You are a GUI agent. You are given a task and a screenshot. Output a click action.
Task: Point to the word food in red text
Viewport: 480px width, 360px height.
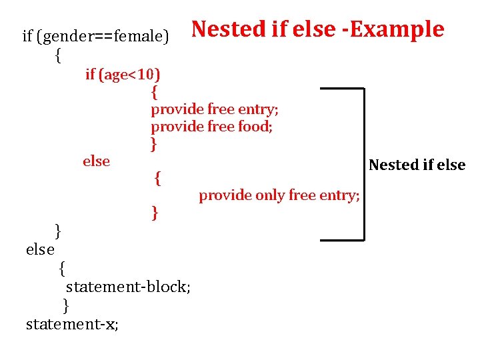click(255, 126)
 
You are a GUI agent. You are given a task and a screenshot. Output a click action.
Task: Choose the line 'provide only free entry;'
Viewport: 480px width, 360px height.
click(279, 195)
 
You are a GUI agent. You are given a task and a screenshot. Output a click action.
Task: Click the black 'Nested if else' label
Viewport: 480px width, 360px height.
click(417, 165)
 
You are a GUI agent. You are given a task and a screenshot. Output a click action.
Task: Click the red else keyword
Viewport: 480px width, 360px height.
click(96, 161)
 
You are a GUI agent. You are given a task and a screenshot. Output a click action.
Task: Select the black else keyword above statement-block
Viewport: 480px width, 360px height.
click(40, 249)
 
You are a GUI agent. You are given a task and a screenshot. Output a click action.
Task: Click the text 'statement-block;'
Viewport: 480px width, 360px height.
click(128, 287)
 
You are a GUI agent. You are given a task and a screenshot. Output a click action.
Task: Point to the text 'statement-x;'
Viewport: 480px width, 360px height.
click(72, 325)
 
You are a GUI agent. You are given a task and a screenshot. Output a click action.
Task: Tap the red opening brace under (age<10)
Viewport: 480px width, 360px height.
click(155, 91)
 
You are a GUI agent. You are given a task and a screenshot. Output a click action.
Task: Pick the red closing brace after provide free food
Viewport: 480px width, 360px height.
click(154, 143)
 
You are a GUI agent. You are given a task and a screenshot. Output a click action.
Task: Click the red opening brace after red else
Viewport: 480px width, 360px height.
click(157, 178)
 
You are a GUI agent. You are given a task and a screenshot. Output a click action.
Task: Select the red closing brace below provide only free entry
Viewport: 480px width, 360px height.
click(155, 213)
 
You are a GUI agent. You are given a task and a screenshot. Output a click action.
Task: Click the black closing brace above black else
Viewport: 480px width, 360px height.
click(58, 231)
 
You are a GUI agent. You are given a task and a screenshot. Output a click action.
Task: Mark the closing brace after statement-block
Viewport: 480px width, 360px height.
click(65, 305)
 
